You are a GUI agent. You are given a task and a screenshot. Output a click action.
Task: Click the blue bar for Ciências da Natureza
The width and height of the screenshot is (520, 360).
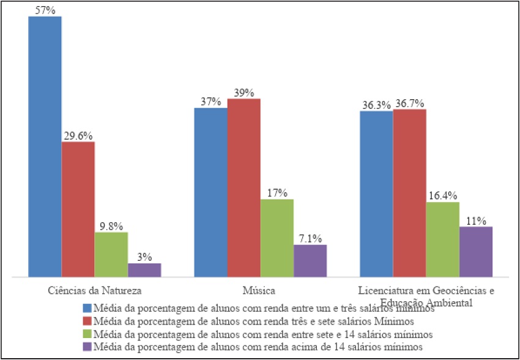[45, 147]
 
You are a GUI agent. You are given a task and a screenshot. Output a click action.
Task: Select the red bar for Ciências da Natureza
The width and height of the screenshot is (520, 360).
[78, 210]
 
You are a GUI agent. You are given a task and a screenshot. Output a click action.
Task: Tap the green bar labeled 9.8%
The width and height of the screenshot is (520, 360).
[111, 255]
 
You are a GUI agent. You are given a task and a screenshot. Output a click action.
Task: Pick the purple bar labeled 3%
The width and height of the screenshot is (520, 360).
[144, 270]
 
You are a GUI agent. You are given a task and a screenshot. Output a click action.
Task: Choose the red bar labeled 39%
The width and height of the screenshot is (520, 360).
[243, 188]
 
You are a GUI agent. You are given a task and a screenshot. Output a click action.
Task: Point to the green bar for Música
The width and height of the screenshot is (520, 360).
[277, 238]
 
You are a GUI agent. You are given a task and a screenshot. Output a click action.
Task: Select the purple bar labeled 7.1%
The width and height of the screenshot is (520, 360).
[310, 261]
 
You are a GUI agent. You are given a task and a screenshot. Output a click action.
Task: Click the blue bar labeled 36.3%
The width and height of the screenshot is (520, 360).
[376, 194]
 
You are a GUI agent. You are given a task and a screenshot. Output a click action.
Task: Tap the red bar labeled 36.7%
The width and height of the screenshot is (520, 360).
[409, 193]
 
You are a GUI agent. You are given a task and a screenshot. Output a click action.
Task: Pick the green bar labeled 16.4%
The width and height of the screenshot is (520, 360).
[442, 239]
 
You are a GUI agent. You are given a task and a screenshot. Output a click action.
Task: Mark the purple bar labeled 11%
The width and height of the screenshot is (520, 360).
[476, 252]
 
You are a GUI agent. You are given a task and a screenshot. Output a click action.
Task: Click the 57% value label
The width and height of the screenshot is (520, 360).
[45, 9]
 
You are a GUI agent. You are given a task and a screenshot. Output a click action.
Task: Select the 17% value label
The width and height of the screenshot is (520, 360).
[277, 193]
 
